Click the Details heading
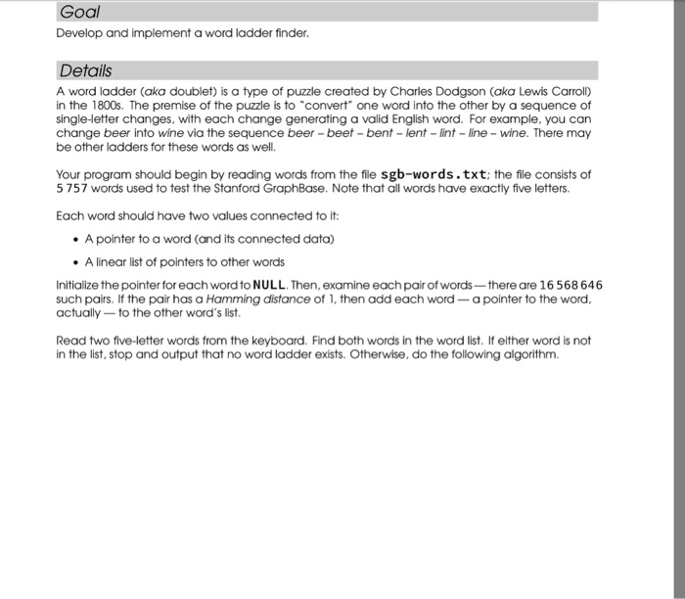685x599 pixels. pyautogui.click(x=85, y=70)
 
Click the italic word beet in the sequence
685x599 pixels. pyautogui.click(x=334, y=134)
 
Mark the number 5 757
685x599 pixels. pyautogui.click(x=74, y=189)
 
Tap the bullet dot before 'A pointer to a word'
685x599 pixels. pyautogui.click(x=75, y=240)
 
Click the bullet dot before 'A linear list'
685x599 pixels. pyautogui.click(x=75, y=261)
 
